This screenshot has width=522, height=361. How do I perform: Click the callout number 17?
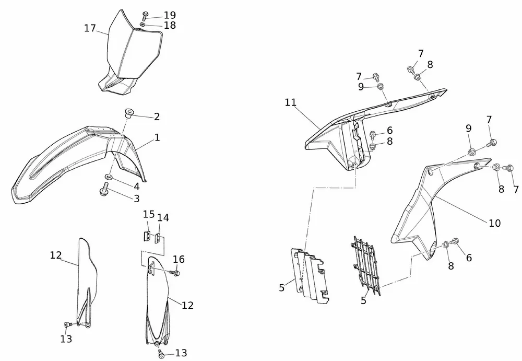(90, 28)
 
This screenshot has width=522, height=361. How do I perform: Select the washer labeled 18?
(143, 24)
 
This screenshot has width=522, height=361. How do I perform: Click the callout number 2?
(156, 116)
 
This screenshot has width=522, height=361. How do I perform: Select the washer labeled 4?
(108, 177)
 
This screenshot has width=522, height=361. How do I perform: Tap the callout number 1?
(157, 138)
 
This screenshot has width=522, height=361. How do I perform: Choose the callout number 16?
(179, 259)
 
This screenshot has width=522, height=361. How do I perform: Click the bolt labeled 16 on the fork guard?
(176, 272)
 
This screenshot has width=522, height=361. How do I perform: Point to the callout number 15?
(148, 215)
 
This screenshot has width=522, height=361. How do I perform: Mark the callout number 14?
(163, 217)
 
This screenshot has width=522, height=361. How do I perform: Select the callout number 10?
(494, 223)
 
